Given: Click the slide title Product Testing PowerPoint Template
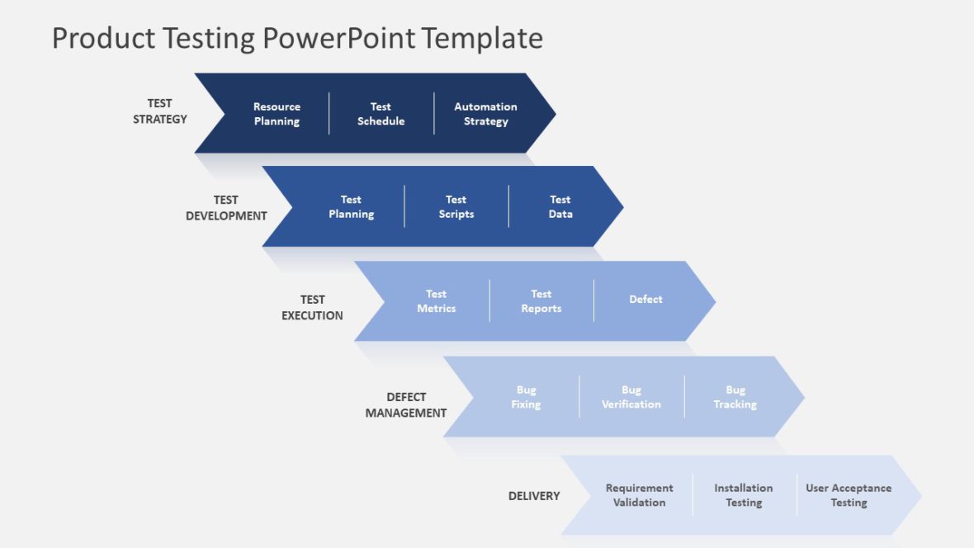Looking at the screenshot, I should point(297,38).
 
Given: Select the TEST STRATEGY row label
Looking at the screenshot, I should point(160,111).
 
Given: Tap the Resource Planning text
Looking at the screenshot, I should point(277,114).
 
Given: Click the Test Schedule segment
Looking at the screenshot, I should point(381,114).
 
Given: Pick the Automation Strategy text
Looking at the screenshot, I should point(485,114).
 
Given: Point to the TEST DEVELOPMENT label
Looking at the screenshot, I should point(226,208).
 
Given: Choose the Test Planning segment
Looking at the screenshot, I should point(351,207).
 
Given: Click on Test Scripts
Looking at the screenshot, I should point(456,207).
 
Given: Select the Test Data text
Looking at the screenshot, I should point(560,207).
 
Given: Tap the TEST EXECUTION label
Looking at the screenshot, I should point(312,308).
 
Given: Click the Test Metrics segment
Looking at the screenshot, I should point(436,301).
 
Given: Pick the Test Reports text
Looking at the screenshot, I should point(541,301).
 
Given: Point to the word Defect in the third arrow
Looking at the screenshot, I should point(645,300).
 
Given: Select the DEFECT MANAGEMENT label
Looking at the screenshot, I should point(406,405).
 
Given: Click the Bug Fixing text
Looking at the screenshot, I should point(526,397).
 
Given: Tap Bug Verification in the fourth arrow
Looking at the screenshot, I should point(631,397).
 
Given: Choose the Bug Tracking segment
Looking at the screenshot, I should point(735,397).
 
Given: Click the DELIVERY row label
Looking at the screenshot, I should point(534,496).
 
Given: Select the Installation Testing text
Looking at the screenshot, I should point(744,495).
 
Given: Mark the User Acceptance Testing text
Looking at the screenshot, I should point(849,495).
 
